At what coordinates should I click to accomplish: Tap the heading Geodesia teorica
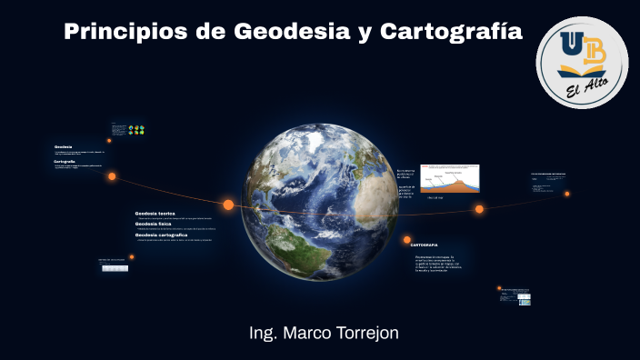[155, 213]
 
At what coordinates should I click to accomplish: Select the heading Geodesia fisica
[154, 224]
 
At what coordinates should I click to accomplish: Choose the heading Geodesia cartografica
[161, 235]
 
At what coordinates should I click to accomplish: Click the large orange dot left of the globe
[228, 205]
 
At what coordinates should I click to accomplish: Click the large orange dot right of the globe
[479, 209]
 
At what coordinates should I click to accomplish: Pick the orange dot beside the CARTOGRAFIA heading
[406, 240]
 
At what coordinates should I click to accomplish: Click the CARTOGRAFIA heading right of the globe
[425, 245]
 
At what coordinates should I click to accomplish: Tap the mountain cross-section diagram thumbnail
[449, 178]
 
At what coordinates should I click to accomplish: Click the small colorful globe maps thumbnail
[136, 130]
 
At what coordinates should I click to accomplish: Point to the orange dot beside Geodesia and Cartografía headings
[112, 176]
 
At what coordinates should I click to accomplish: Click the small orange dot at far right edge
[566, 194]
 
